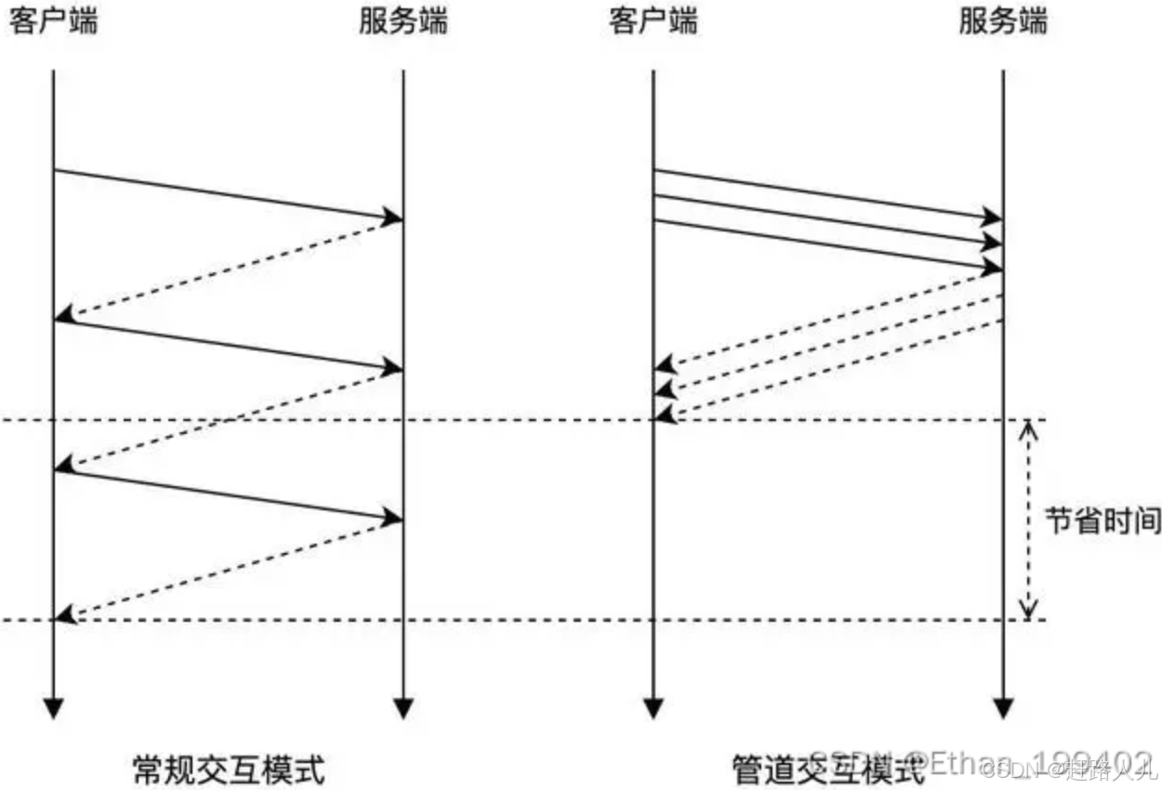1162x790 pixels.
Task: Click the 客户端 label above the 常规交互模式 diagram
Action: click(53, 21)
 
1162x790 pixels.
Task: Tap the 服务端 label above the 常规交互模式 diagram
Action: click(403, 21)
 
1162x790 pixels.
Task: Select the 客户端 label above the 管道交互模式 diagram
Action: click(653, 21)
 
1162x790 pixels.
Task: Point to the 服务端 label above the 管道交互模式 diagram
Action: click(1002, 21)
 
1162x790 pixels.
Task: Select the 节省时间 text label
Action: click(1103, 520)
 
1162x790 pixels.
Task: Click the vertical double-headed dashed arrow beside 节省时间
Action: click(1028, 520)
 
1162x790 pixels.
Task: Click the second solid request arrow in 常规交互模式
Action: click(228, 345)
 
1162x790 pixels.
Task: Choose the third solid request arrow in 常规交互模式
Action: click(228, 494)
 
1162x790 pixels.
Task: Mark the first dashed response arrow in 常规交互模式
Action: click(228, 270)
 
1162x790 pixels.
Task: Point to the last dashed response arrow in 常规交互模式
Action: click(228, 570)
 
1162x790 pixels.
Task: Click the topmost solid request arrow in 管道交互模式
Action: click(827, 195)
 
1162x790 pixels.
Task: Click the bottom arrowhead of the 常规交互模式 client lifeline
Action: click(54, 708)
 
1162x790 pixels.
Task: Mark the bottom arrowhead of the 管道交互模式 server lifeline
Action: click(1002, 708)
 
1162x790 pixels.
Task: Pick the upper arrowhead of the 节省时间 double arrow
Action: click(1028, 428)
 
